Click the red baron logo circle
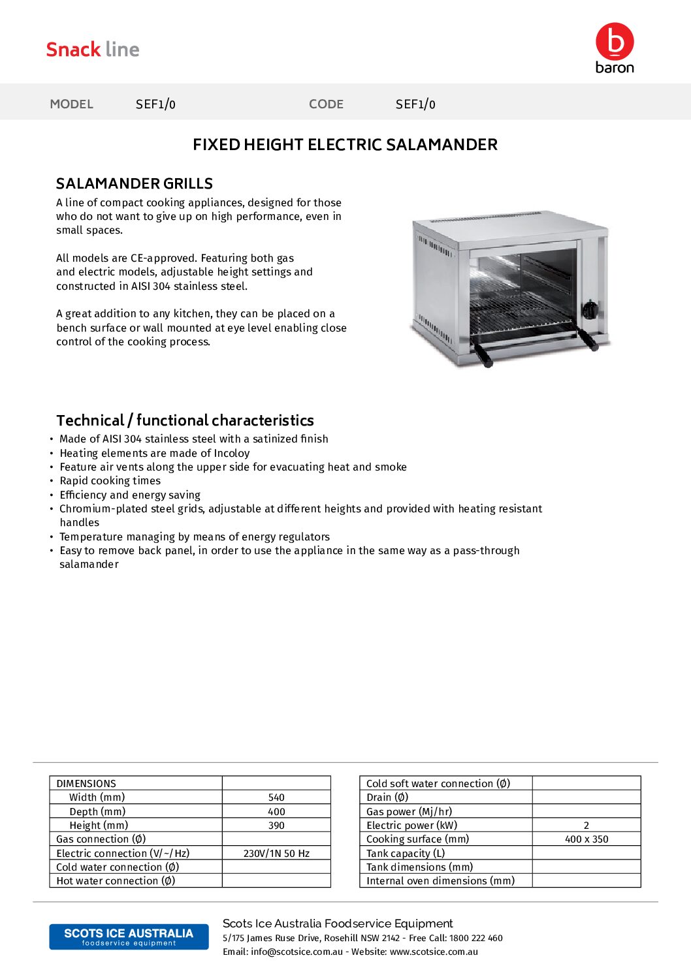[x=614, y=42]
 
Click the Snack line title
[x=93, y=50]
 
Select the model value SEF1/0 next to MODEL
[x=155, y=104]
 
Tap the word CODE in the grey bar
[x=326, y=104]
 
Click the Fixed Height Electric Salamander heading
[x=345, y=145]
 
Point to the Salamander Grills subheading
[x=135, y=184]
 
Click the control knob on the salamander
[x=589, y=310]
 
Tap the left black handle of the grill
[x=483, y=355]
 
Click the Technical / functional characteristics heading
[x=185, y=420]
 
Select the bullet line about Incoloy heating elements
[x=154, y=453]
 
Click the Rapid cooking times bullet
[x=110, y=481]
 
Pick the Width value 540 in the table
[x=276, y=798]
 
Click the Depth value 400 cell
[x=276, y=812]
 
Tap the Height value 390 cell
[x=276, y=826]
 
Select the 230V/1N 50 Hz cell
[x=276, y=854]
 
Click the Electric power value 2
[x=586, y=826]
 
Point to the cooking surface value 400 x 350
[x=586, y=839]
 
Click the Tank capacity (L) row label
[x=406, y=854]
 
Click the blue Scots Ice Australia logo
[x=129, y=937]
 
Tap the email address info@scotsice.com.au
[x=297, y=952]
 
